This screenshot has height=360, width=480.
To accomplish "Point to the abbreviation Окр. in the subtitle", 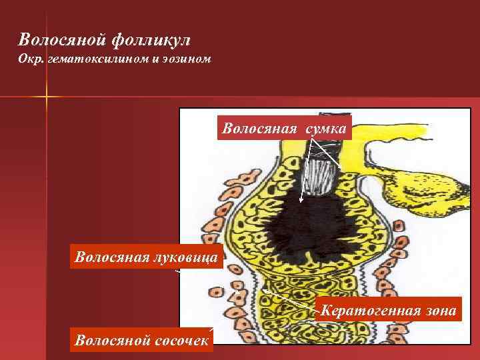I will [x=31, y=59].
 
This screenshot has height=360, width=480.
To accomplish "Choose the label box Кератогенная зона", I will [x=389, y=311].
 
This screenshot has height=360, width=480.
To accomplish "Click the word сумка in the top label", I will [x=326, y=128].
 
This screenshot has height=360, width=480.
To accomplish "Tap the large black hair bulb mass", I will [x=313, y=227].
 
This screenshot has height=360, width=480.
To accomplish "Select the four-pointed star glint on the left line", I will [x=47, y=97].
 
